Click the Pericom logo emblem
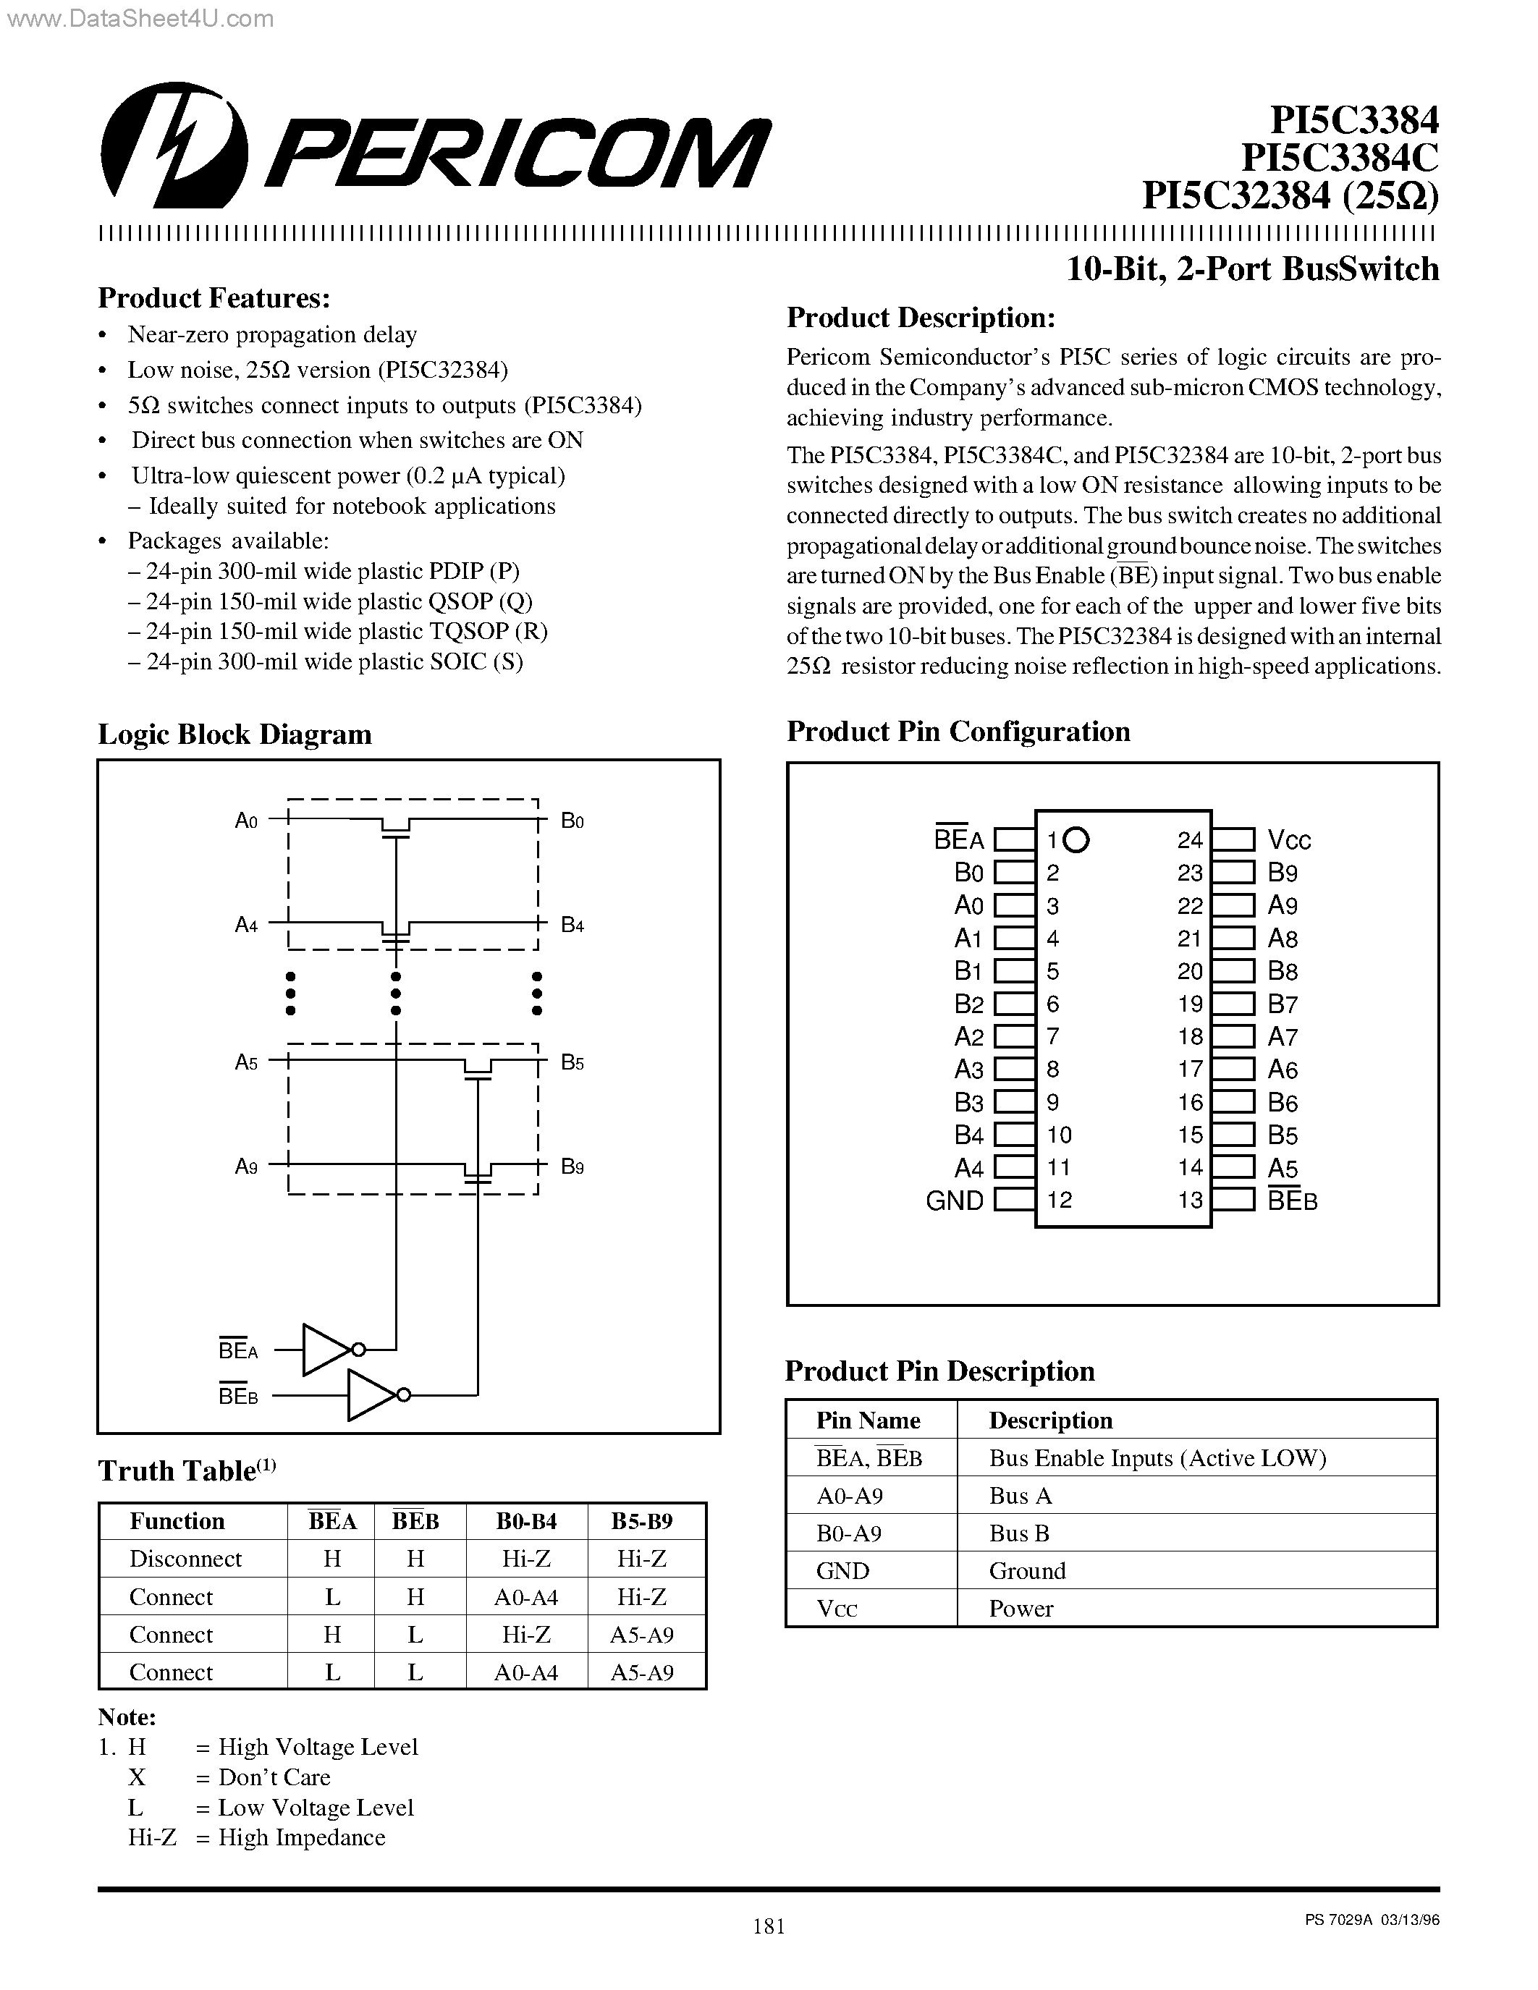click(x=173, y=145)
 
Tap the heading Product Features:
click(x=214, y=299)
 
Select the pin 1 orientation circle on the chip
click(x=1076, y=839)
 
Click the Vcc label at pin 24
click(x=1289, y=840)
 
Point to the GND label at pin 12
click(x=954, y=1200)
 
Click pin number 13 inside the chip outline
click(x=1190, y=1200)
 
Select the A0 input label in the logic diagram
click(x=246, y=821)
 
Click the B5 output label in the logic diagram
click(x=572, y=1062)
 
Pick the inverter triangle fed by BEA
click(x=325, y=1349)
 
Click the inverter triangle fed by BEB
click(x=370, y=1394)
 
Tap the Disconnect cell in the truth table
click(x=185, y=1559)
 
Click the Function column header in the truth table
click(x=177, y=1521)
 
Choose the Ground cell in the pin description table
click(x=1027, y=1571)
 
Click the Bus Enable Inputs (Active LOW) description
click(x=1157, y=1458)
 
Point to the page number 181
click(x=769, y=1926)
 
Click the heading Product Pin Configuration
click(x=958, y=732)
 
